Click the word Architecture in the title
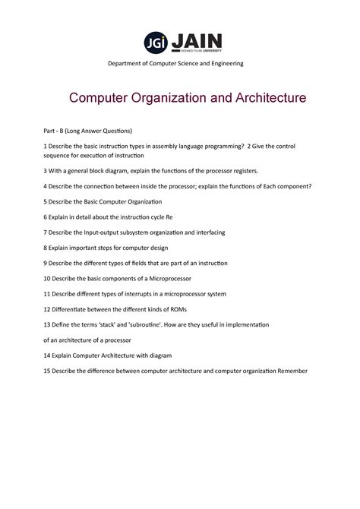pos(259,99)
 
